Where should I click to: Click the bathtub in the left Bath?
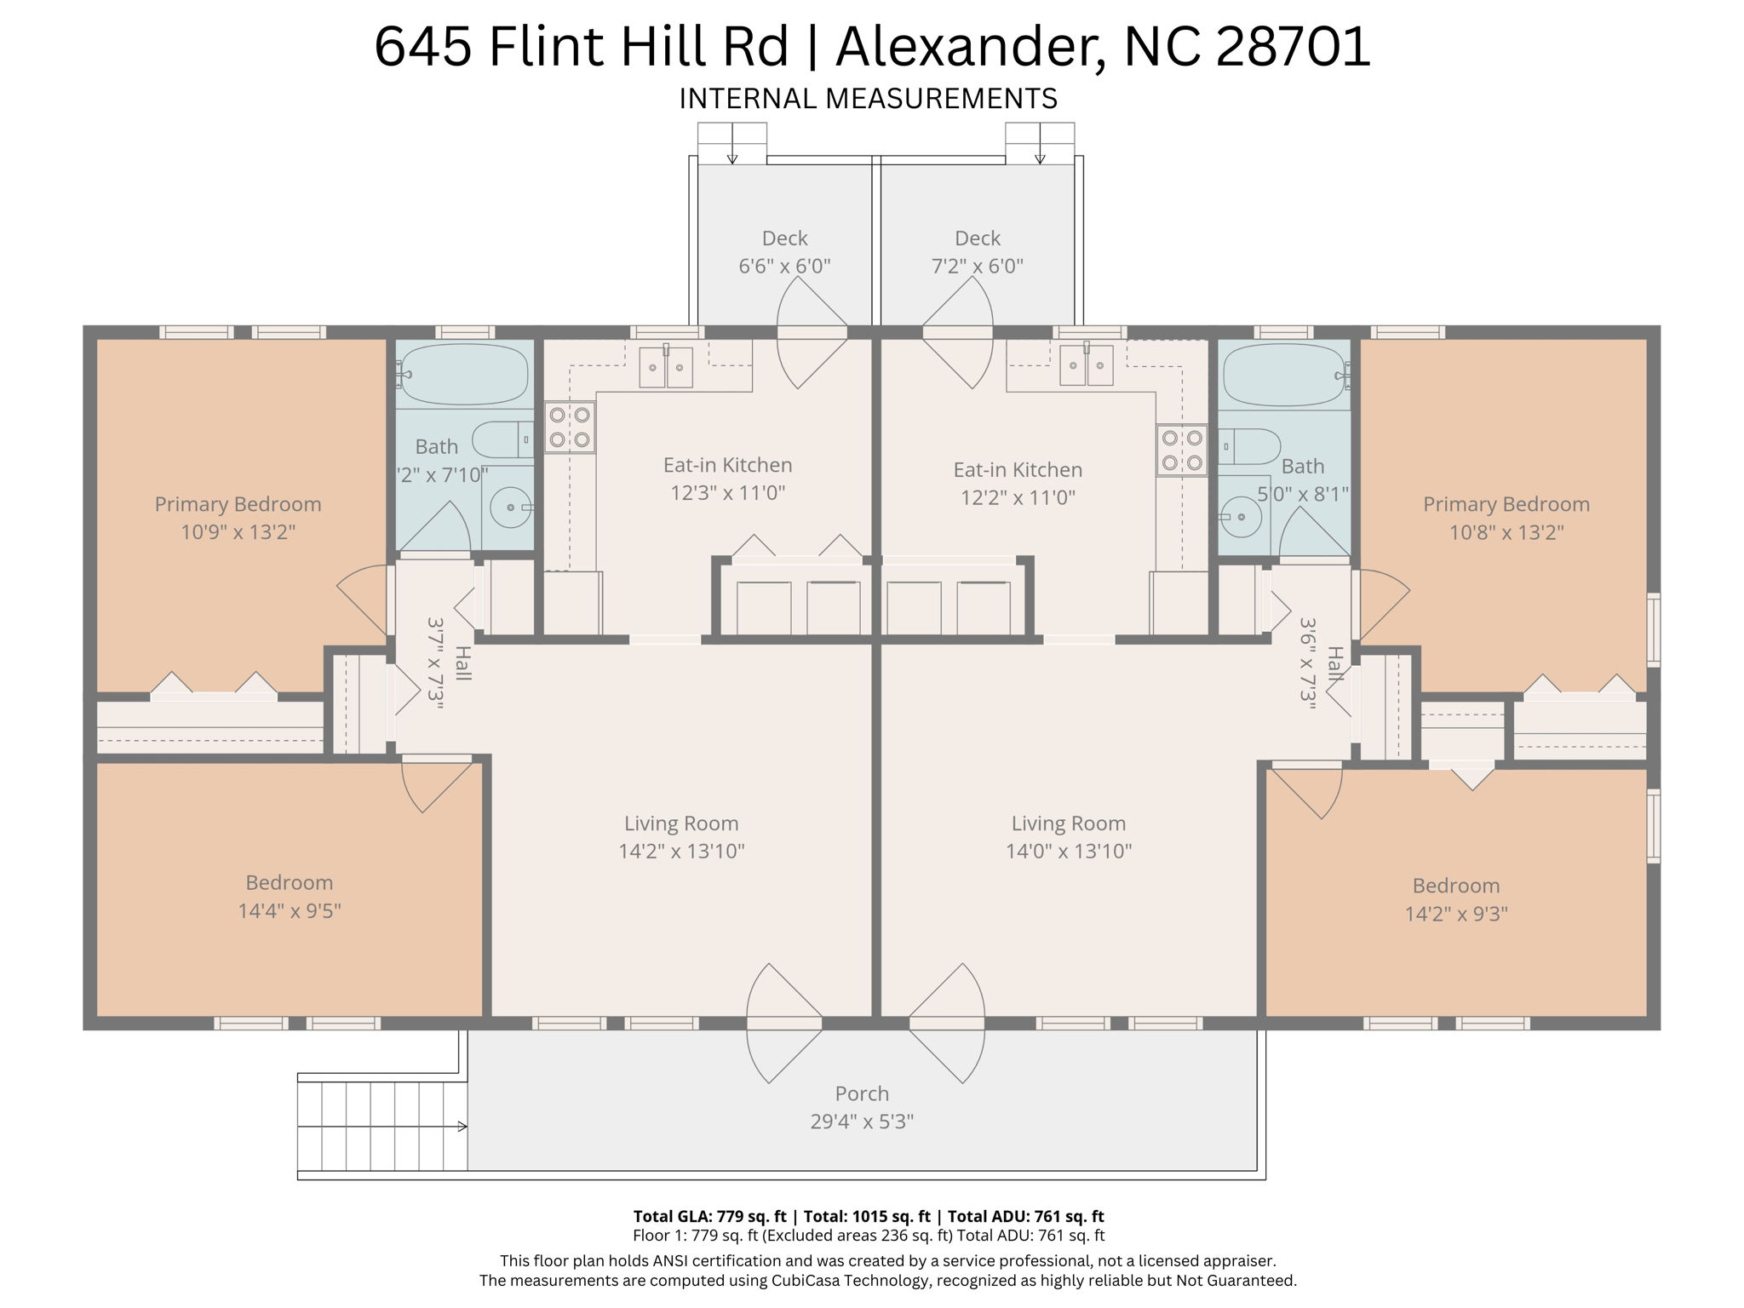pos(465,374)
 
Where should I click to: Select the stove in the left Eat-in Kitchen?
pos(570,427)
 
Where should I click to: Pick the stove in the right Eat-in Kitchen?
pos(1182,450)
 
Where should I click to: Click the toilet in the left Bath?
pos(502,440)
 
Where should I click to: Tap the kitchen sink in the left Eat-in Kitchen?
pos(666,367)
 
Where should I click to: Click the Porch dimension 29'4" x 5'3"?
pos(862,1122)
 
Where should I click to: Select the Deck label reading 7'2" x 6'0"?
pos(977,266)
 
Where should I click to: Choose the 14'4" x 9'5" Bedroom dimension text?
pos(290,910)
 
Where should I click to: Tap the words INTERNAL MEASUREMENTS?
pos(868,99)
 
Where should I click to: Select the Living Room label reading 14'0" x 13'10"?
pos(1069,837)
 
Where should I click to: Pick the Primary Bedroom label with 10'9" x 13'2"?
pos(238,518)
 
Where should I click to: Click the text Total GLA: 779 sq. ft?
pos(709,1217)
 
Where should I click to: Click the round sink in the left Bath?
pos(512,508)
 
